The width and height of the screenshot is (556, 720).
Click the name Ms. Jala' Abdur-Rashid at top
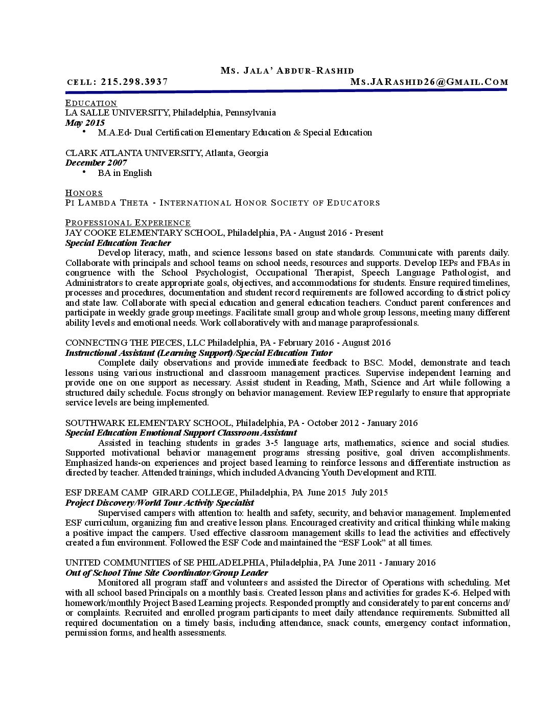[x=287, y=71]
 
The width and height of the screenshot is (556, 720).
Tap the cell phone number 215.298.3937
[x=134, y=82]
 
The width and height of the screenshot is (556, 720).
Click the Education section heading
[x=91, y=103]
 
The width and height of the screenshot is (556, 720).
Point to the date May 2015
[x=85, y=123]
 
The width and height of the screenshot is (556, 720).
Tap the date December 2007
[x=96, y=163]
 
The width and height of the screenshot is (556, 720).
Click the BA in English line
[x=125, y=173]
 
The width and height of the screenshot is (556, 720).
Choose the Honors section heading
[x=84, y=193]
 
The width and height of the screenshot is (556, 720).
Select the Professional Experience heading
[x=128, y=223]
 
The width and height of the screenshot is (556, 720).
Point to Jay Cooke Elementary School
[x=144, y=233]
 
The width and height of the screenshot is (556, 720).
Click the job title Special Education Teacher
[x=118, y=243]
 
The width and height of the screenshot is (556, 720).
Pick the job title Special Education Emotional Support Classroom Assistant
[x=181, y=433]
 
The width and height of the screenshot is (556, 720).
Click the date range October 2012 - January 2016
[x=362, y=423]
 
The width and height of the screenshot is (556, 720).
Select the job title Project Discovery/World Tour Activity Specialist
[x=159, y=503]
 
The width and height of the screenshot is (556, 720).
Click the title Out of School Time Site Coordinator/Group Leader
[x=167, y=573]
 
